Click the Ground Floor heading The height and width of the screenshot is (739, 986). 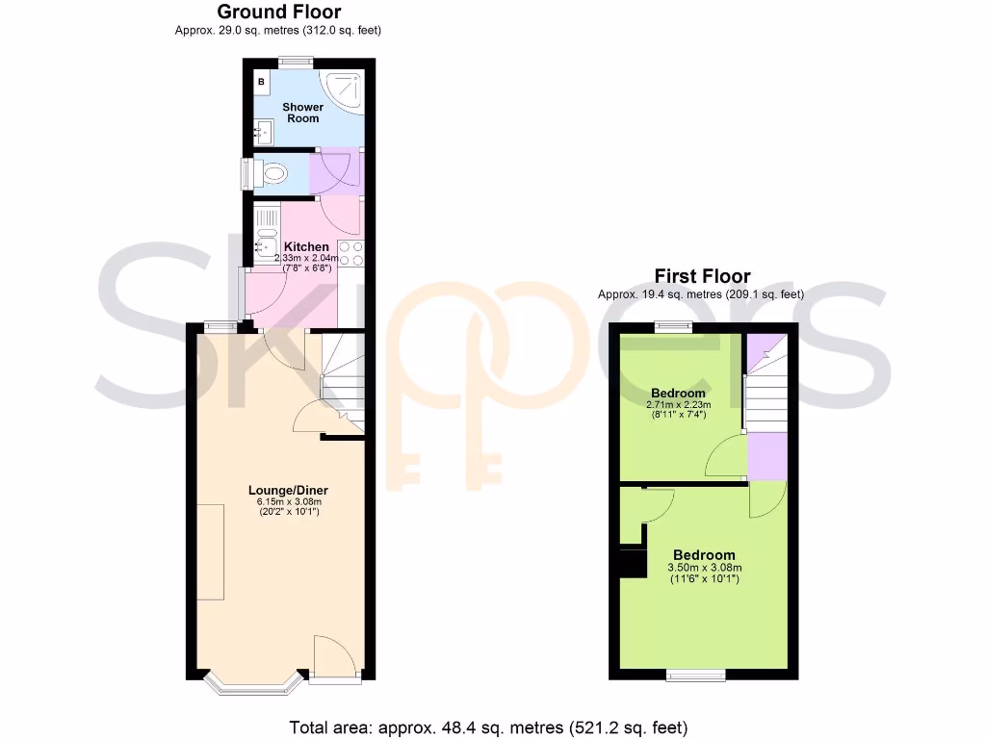tap(278, 13)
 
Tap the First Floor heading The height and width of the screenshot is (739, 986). tap(701, 277)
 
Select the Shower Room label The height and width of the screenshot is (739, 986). tap(302, 113)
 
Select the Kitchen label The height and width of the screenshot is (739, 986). tap(306, 247)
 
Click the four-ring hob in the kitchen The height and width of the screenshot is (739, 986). tap(351, 253)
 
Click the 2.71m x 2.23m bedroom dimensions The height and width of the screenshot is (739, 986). tap(678, 405)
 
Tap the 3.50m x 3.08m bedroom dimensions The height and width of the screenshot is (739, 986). tap(704, 568)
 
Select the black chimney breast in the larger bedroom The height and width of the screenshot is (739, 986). tap(632, 562)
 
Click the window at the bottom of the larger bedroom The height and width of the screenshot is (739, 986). tap(696, 675)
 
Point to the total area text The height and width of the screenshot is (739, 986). tap(489, 726)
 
